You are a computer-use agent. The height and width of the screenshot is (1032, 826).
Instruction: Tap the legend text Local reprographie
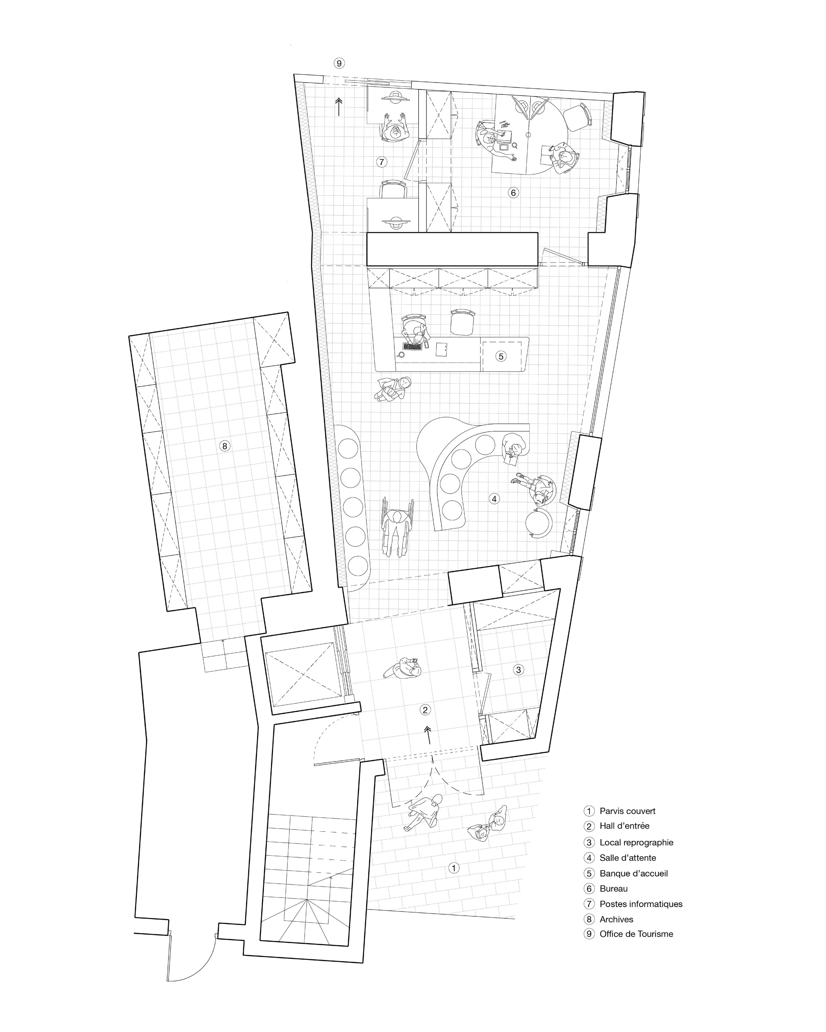click(x=636, y=842)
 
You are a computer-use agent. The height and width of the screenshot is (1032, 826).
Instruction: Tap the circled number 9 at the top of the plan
click(x=339, y=63)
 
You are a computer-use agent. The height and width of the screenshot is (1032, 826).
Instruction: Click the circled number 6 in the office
click(x=513, y=193)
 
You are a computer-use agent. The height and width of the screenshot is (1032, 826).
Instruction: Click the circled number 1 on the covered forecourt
click(x=453, y=868)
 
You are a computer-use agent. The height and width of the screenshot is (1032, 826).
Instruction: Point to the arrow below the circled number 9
click(x=339, y=106)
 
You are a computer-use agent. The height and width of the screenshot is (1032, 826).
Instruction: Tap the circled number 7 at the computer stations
click(x=381, y=162)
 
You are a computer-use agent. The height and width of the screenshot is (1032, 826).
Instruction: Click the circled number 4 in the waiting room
click(x=494, y=499)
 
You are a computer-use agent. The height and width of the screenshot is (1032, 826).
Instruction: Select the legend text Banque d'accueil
click(x=633, y=873)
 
